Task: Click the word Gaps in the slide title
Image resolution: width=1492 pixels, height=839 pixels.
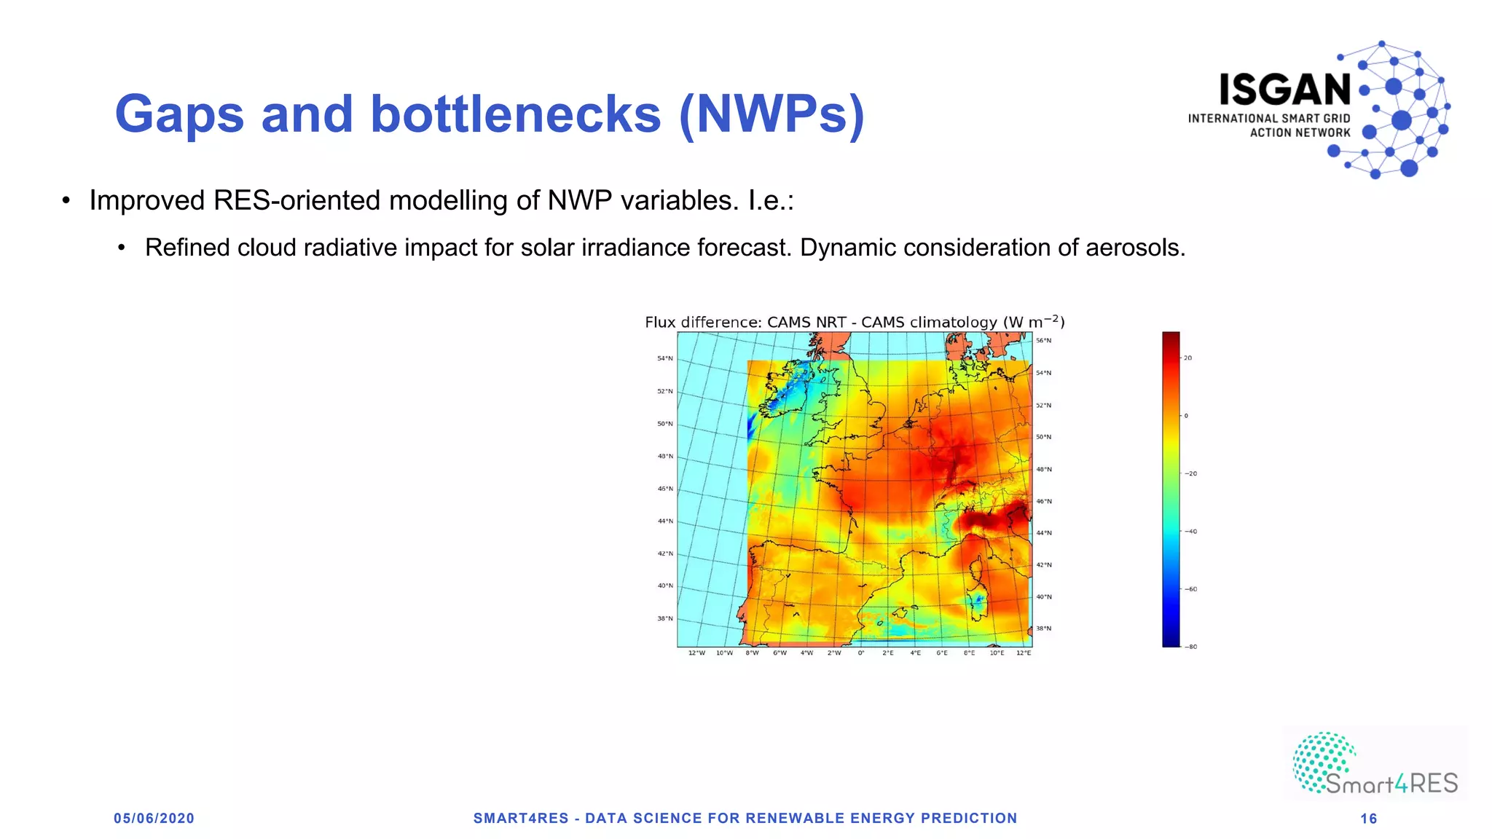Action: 179,115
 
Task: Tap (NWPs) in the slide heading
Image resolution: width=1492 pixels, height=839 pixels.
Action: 771,115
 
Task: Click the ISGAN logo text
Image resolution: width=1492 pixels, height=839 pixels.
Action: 1285,90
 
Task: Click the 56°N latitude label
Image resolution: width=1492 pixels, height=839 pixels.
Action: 1044,341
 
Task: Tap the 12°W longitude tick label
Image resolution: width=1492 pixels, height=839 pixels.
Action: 696,653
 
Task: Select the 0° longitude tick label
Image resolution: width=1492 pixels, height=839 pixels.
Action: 861,653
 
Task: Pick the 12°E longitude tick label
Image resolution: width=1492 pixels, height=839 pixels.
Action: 1024,653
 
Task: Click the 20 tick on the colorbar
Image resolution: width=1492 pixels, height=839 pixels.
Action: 1187,358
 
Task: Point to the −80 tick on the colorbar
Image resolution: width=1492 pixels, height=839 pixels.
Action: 1190,647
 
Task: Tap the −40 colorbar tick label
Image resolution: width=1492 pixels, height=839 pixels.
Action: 1190,532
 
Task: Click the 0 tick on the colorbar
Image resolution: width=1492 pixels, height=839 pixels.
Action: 1186,416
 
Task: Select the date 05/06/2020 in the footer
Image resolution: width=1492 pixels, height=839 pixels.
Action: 154,819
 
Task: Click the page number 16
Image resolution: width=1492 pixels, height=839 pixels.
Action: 1368,819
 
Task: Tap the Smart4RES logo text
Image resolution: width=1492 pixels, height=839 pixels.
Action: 1391,784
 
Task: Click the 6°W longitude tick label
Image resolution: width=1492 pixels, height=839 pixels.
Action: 780,653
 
